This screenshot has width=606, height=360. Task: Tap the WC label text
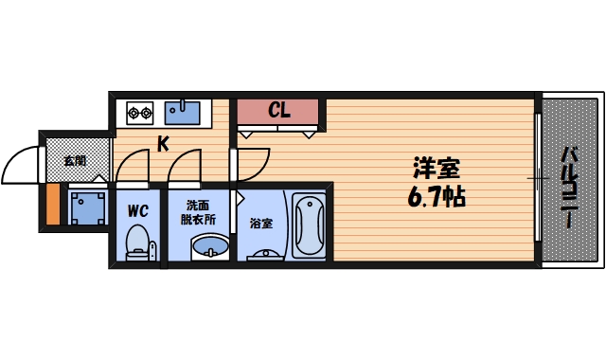point(138,209)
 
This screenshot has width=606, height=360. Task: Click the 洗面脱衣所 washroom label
point(199,211)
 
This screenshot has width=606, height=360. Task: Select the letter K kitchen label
point(163,144)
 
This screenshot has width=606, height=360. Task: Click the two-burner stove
point(140,114)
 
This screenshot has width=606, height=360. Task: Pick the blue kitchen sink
point(182,113)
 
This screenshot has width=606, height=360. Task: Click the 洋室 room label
point(436,171)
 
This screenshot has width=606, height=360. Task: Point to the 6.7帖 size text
point(436,199)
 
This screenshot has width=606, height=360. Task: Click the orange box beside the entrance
point(53,206)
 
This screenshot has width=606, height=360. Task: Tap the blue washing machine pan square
point(89,207)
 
